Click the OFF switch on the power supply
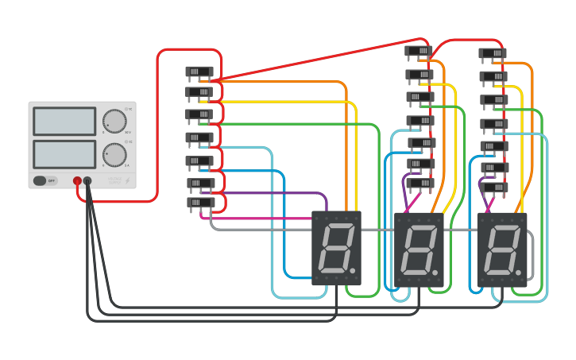tap(45, 180)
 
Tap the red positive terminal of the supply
tap(77, 181)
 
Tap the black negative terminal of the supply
tap(87, 181)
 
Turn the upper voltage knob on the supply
tap(114, 122)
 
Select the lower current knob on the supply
tap(114, 154)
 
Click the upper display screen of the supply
tap(64, 121)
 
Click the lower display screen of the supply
tap(64, 153)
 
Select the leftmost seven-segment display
tap(336, 248)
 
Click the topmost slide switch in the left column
tap(199, 72)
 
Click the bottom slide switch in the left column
tap(200, 203)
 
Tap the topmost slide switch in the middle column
tap(418, 52)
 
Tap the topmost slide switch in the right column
tap(493, 54)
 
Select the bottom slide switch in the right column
tap(494, 188)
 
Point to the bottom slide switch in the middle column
tap(419, 184)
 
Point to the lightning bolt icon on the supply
tap(128, 181)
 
